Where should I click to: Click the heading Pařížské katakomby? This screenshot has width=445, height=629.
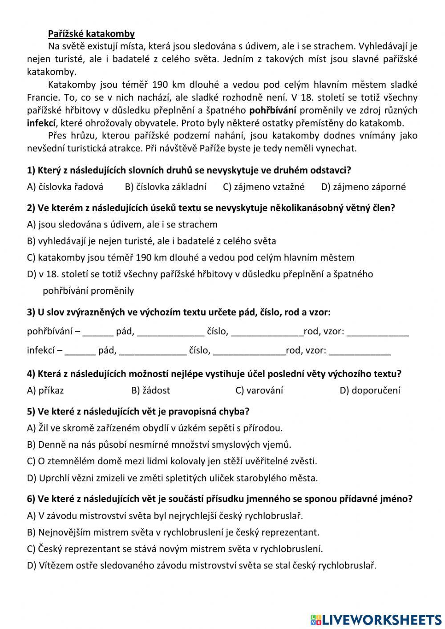[x=91, y=34]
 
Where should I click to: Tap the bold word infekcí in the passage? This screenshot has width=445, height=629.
[x=41, y=123]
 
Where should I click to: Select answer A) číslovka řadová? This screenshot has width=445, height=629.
[x=65, y=187]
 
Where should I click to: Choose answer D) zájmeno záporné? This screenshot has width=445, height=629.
[x=363, y=187]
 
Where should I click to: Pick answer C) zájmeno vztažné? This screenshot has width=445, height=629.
[x=263, y=187]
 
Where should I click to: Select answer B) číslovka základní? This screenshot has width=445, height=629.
[x=166, y=187]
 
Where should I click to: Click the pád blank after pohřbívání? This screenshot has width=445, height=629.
[x=98, y=332]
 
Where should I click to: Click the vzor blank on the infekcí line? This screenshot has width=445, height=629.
[x=360, y=351]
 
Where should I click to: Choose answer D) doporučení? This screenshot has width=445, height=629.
[x=370, y=391]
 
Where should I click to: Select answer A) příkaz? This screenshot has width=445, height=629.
[x=45, y=391]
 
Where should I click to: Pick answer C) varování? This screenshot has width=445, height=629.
[x=259, y=391]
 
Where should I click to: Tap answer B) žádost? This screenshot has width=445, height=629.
[x=150, y=391]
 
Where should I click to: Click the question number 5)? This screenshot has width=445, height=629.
[x=31, y=411]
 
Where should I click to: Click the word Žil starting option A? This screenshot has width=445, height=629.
[x=44, y=428]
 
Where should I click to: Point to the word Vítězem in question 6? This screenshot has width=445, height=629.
[x=56, y=566]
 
